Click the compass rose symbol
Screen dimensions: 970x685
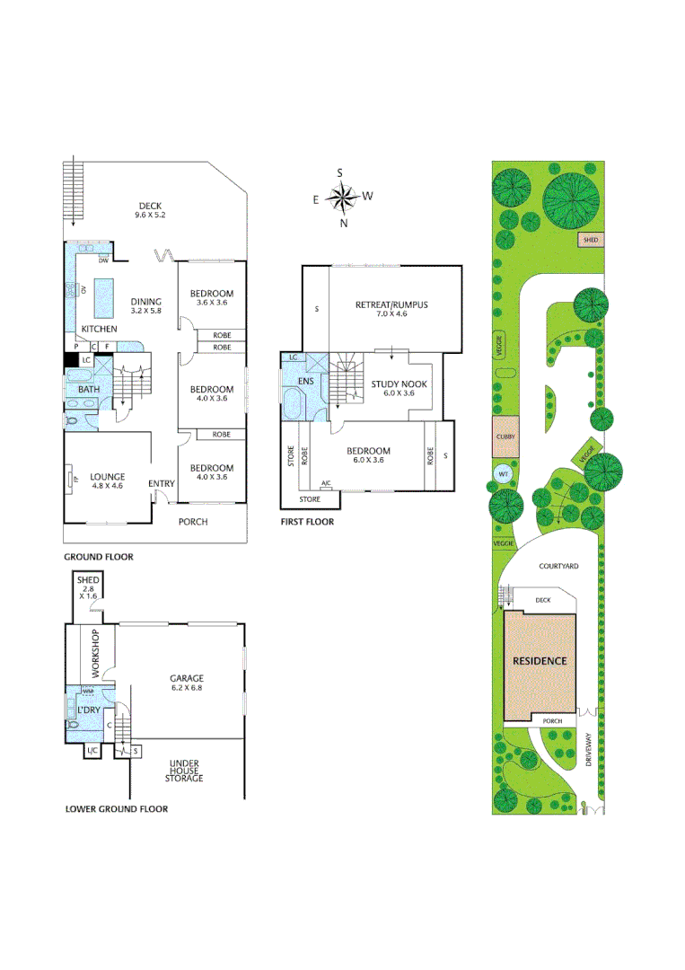point(341,197)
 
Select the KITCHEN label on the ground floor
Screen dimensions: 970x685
point(100,329)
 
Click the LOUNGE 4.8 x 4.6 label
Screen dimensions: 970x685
point(108,481)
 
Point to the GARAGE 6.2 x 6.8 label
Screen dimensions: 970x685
point(187,683)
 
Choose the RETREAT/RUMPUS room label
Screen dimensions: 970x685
point(391,309)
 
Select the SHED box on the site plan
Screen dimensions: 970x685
point(591,240)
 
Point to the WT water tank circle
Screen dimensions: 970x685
point(503,474)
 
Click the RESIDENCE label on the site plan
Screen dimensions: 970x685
point(540,661)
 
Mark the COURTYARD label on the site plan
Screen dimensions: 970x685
point(558,567)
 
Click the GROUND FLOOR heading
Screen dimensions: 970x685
point(99,557)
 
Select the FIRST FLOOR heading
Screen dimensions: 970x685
point(307,522)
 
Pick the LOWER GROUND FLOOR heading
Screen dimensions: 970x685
point(117,808)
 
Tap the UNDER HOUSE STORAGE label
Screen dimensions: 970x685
point(183,772)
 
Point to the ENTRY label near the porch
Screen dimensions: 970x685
point(162,484)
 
